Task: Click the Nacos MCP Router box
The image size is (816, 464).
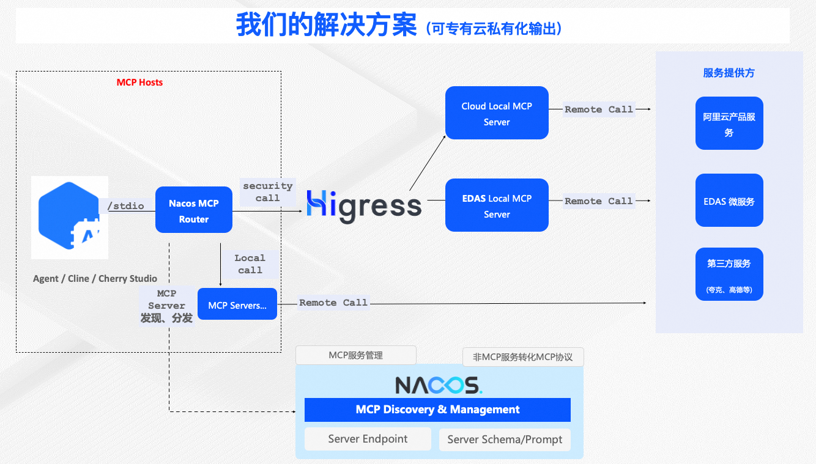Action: pyautogui.click(x=193, y=210)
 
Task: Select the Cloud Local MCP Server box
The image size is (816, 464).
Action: pyautogui.click(x=497, y=113)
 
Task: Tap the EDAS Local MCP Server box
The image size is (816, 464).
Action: pyautogui.click(x=497, y=205)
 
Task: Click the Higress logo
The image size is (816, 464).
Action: pyautogui.click(x=364, y=206)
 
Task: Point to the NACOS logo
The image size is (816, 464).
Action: pyautogui.click(x=438, y=385)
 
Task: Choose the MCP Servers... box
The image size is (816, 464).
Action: pyautogui.click(x=237, y=304)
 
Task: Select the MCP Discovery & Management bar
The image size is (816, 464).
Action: pyautogui.click(x=437, y=410)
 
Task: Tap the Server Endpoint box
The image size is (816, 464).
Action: pyautogui.click(x=368, y=439)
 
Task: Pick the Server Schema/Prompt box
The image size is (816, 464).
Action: pyautogui.click(x=505, y=440)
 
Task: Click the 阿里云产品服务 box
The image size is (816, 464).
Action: pyautogui.click(x=729, y=123)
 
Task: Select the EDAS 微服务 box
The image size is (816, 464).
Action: pyautogui.click(x=729, y=201)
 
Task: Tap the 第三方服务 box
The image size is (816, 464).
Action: pyautogui.click(x=729, y=274)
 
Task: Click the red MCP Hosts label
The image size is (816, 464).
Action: pyautogui.click(x=139, y=83)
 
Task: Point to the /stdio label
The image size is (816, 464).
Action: pyautogui.click(x=125, y=206)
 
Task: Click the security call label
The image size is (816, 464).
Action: pyautogui.click(x=267, y=192)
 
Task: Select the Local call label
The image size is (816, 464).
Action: pyautogui.click(x=250, y=264)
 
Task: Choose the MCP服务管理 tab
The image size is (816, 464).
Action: pyautogui.click(x=355, y=355)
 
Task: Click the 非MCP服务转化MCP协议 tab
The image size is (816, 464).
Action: pyautogui.click(x=523, y=356)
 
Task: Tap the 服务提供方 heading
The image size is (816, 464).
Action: pyautogui.click(x=729, y=73)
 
